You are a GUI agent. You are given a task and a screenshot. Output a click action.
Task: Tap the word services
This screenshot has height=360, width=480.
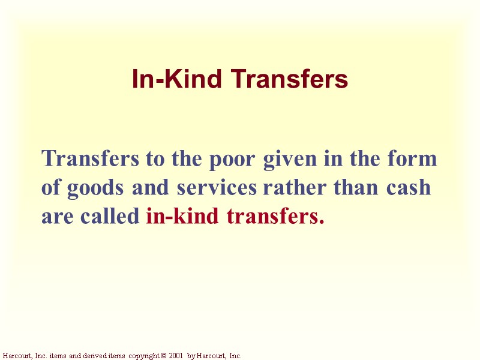coord(216,188)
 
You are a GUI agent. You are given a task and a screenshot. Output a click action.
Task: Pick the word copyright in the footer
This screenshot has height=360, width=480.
coord(142,356)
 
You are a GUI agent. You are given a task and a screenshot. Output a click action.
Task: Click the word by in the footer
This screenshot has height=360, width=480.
coord(191,356)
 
